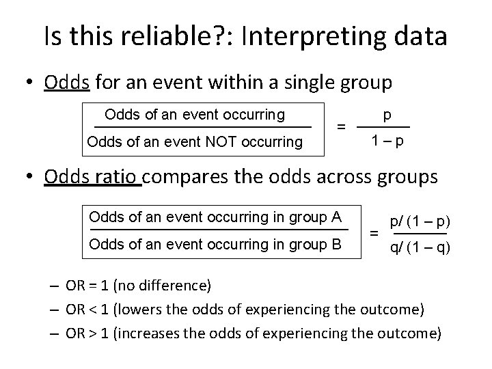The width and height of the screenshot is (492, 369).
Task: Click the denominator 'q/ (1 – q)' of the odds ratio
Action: click(419, 247)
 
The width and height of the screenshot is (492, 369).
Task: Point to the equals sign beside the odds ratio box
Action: click(374, 233)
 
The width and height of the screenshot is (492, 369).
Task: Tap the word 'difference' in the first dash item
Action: click(173, 285)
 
